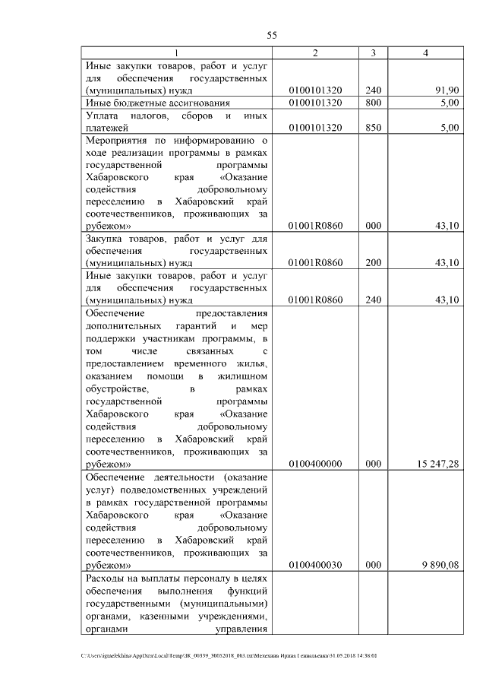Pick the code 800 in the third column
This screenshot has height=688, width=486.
(x=373, y=103)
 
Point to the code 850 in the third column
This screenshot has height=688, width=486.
(x=373, y=128)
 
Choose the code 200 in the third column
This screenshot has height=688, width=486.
(x=373, y=263)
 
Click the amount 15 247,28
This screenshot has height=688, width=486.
(x=437, y=463)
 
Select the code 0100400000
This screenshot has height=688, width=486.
(x=315, y=463)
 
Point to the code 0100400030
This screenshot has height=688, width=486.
(x=315, y=566)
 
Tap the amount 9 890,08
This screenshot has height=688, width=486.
(x=440, y=566)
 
